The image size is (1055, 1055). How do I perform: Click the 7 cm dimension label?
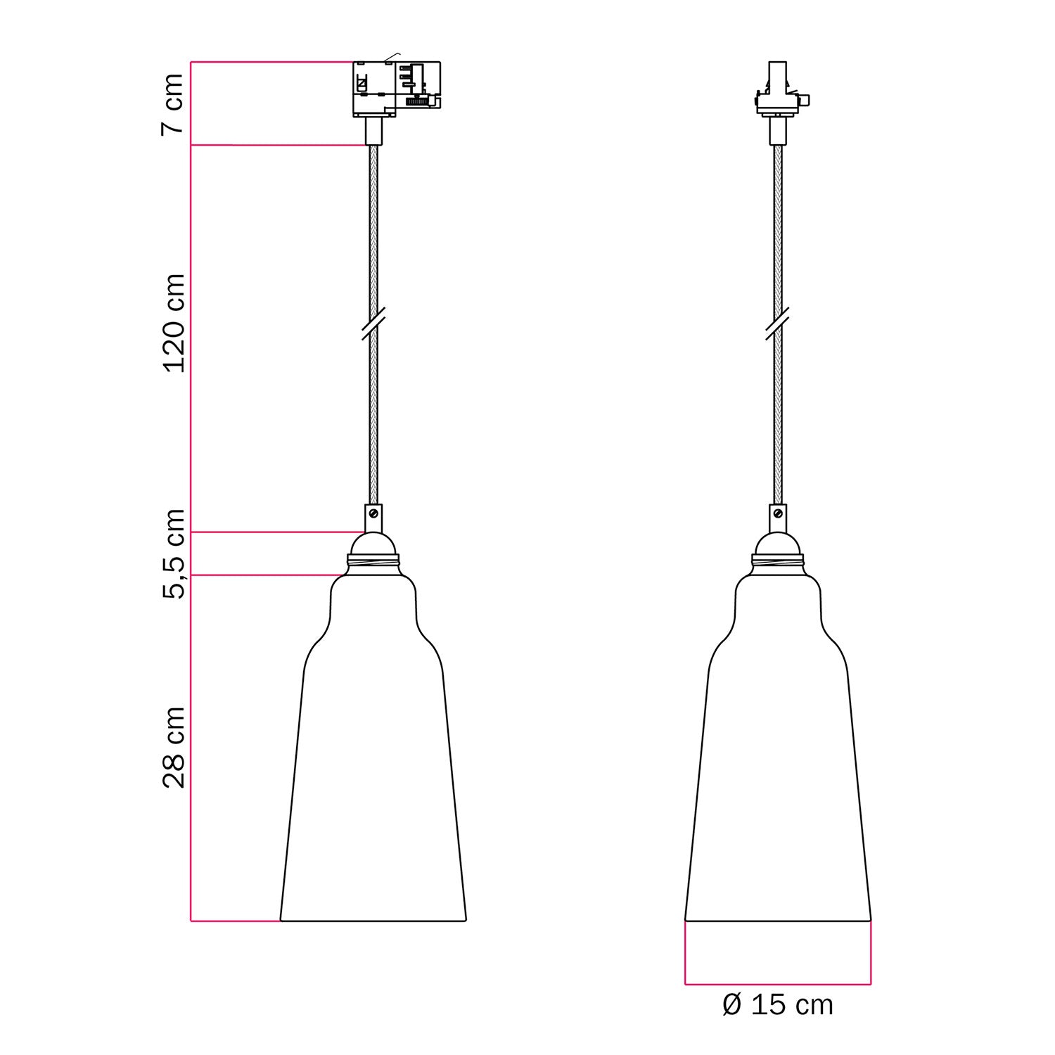tap(173, 103)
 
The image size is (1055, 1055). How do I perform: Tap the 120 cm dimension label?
tap(173, 323)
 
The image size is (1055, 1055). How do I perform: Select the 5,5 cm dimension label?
tap(173, 554)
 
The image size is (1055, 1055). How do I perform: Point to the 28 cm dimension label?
tap(173, 748)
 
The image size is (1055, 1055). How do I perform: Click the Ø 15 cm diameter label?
tap(777, 1005)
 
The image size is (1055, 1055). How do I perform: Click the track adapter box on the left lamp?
tap(396, 89)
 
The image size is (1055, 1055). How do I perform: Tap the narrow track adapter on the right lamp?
tap(777, 91)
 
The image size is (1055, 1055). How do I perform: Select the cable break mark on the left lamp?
tap(373, 324)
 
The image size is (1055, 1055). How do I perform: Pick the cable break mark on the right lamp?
tap(777, 324)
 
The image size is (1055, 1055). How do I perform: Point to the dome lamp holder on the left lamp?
tap(373, 544)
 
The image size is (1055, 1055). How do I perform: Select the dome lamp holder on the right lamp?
tap(777, 544)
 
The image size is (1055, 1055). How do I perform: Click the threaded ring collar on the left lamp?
tap(373, 562)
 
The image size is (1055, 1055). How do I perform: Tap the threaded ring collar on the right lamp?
tap(777, 562)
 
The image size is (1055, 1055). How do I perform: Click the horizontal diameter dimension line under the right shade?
tap(777, 983)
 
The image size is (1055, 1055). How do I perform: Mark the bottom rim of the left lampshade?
tap(373, 920)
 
